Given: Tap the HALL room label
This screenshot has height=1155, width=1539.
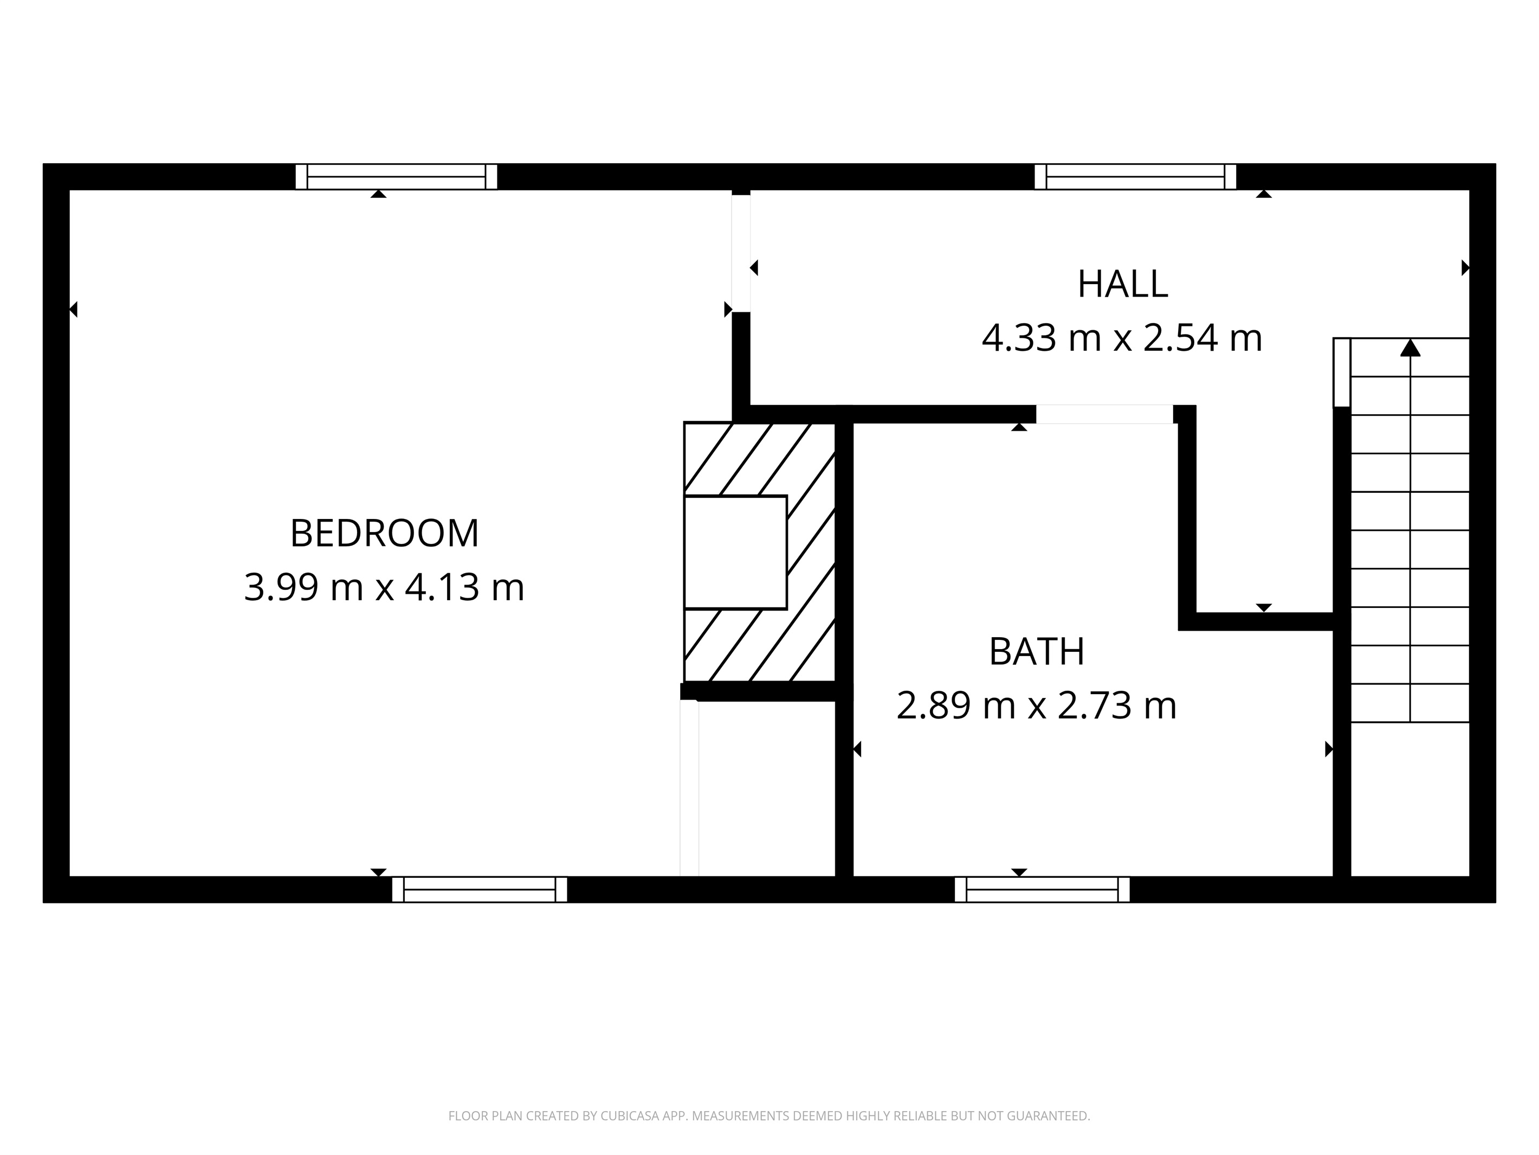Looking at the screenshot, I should pos(1122,284).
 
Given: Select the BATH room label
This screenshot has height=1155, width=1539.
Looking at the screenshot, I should pos(1036,652).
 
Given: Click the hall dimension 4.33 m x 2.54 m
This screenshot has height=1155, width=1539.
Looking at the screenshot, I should pos(1122,338).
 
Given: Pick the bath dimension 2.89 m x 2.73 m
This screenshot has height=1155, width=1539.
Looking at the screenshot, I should pos(1036,705).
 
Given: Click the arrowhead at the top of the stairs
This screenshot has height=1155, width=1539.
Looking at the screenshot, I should pos(1409,348).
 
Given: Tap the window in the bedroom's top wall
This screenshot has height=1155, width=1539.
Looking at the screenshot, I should pos(396,177).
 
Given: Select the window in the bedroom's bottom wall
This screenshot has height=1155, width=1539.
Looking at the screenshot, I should pos(480,890).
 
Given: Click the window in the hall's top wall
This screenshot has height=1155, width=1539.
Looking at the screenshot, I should pos(1135,177).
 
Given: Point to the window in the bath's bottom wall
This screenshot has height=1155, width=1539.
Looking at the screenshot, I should pos(1042,890).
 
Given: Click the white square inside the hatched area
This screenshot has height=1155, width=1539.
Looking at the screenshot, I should pos(735,552).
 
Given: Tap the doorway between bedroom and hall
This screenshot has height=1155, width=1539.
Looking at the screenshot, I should pos(741,253).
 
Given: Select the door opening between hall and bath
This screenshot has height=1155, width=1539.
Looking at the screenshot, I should pos(1104,414).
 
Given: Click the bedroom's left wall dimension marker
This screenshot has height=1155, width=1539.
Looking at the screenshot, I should pos(74,309).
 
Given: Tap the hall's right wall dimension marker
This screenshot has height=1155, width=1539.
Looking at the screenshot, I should pos(1465,267).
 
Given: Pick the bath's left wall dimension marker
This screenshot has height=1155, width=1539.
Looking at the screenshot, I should pos(858,749).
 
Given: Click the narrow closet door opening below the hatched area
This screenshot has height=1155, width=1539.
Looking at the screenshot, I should pos(689,787).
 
